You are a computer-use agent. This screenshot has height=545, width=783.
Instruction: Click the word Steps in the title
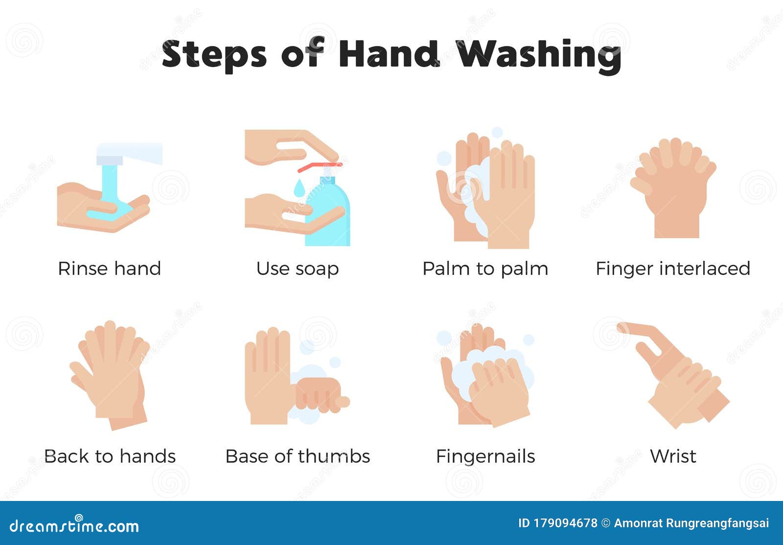coord(214,55)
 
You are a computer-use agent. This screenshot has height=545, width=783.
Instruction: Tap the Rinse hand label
coord(109,269)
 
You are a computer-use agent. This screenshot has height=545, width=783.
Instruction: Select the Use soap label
coord(297,269)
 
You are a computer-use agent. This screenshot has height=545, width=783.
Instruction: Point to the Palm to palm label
coord(485,269)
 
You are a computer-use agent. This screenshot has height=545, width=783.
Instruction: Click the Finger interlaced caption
coord(673,269)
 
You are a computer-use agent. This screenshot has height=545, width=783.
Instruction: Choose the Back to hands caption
coord(110,456)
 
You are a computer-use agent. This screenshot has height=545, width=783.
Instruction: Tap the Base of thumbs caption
coord(297,456)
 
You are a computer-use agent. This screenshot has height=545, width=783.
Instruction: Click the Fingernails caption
coord(485,456)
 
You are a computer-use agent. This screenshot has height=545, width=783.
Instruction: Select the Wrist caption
coord(673,456)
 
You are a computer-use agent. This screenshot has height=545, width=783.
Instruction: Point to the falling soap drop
coord(299,188)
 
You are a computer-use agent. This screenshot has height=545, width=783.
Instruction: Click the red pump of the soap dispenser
coord(318,167)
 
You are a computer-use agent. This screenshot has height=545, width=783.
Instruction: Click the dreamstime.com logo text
coord(74,526)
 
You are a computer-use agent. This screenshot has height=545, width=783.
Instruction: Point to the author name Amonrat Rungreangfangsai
coord(691,523)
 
